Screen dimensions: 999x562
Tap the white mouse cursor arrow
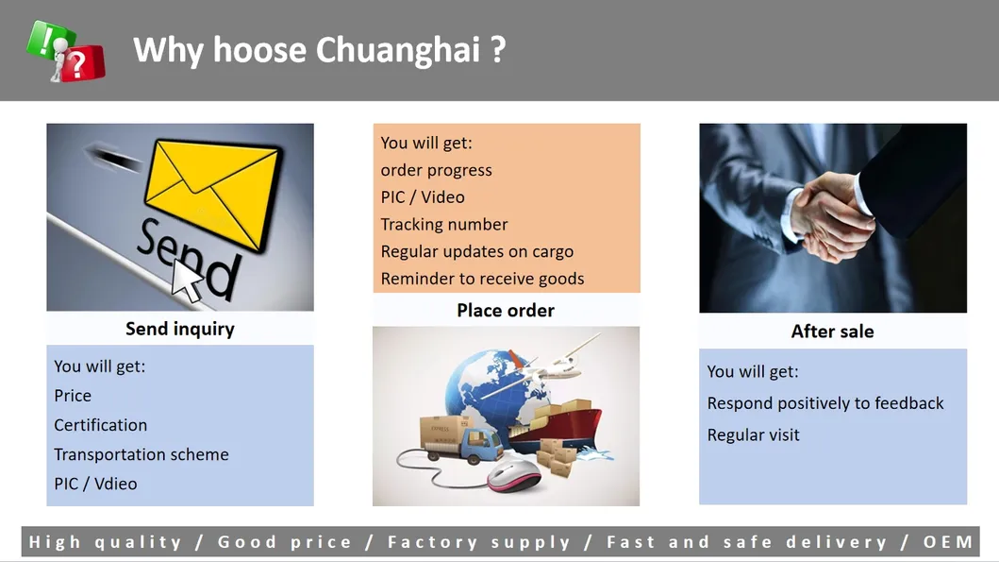click(x=188, y=280)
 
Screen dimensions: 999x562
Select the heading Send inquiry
click(x=179, y=329)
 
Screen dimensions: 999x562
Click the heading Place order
click(x=506, y=311)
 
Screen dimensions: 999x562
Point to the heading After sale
click(x=832, y=332)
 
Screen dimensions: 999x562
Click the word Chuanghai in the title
click(x=398, y=50)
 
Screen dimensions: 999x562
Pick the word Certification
click(x=101, y=425)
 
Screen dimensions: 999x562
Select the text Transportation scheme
click(x=142, y=454)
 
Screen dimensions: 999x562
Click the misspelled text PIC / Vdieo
click(x=95, y=484)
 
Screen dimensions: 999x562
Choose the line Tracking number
click(x=444, y=225)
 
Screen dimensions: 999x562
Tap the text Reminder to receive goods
click(x=482, y=279)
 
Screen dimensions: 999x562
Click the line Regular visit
click(x=753, y=435)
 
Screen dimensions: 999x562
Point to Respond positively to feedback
click(x=825, y=403)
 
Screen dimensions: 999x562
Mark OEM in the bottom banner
click(x=948, y=542)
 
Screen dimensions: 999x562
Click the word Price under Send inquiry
click(x=73, y=396)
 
